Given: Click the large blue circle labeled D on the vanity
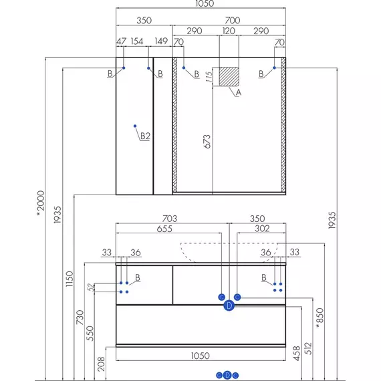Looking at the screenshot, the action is click(x=229, y=305).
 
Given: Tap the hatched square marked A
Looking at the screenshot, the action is click(x=229, y=77).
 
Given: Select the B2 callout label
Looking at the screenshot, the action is click(x=145, y=136).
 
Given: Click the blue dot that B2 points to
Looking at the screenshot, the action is click(x=135, y=126).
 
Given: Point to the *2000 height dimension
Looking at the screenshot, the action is click(x=41, y=204).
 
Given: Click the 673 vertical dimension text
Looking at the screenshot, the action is click(x=207, y=142).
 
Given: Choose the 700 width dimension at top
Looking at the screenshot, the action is click(x=233, y=20).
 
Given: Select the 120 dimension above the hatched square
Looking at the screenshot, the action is click(x=229, y=31).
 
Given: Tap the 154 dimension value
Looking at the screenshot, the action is click(x=137, y=41).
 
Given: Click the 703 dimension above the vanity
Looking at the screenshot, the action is click(x=170, y=219).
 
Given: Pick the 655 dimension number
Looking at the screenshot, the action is click(x=164, y=229).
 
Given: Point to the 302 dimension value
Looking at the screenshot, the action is click(x=262, y=229).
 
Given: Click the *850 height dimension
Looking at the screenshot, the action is click(x=320, y=318).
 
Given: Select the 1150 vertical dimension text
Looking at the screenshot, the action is click(x=70, y=279).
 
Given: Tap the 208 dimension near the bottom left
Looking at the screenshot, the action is click(x=101, y=364).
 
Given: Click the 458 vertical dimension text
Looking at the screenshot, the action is click(x=297, y=354).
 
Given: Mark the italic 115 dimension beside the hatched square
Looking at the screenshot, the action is click(x=209, y=77).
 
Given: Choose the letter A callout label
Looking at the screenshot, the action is click(x=239, y=93).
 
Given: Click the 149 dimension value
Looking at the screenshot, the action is click(x=161, y=41).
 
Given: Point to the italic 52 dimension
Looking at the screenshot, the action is click(x=91, y=287).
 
